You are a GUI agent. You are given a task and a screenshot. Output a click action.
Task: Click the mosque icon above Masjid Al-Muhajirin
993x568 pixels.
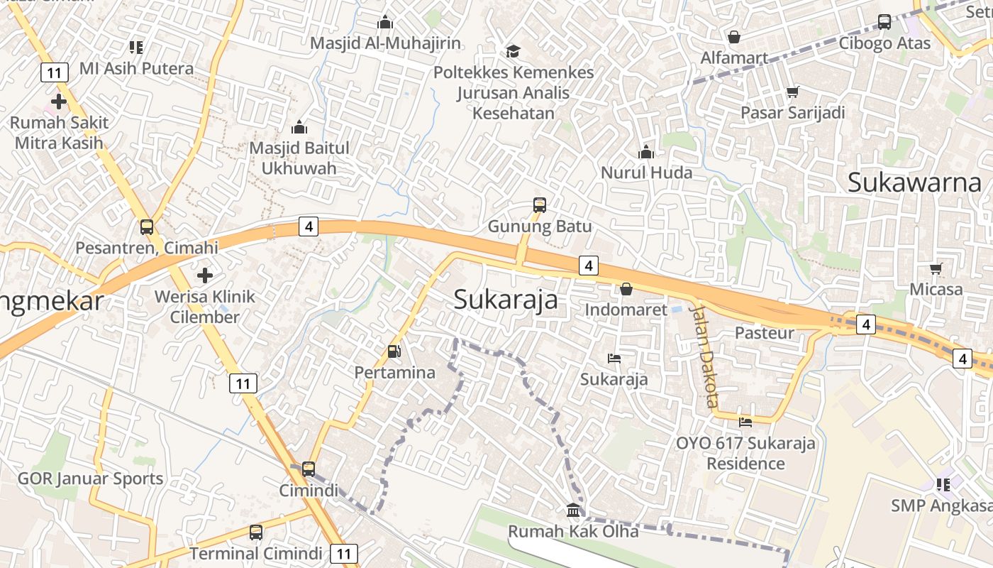385,22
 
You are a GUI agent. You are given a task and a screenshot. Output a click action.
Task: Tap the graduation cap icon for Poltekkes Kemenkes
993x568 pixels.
513,51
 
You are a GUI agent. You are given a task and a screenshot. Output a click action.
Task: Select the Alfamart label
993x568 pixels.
734,58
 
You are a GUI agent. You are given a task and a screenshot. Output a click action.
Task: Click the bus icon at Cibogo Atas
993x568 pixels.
884,22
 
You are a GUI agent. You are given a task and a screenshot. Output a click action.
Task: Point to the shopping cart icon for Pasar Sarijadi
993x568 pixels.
793,92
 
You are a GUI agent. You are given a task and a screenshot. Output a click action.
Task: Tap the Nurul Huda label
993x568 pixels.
646,173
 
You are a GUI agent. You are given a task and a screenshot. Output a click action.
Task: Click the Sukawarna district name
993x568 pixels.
914,183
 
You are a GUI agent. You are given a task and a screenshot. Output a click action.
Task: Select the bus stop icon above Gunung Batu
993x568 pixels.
540,205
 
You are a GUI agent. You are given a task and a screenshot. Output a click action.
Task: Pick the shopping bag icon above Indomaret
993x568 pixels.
626,289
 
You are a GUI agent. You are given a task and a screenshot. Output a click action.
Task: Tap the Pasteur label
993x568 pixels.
764,332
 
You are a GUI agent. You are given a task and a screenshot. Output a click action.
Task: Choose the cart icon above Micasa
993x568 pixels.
936,268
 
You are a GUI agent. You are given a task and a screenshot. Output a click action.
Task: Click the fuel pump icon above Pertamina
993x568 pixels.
394,351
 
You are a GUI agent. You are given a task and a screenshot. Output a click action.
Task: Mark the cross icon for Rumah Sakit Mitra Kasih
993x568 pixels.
59,102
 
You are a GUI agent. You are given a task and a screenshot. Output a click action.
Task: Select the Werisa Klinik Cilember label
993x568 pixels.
205,307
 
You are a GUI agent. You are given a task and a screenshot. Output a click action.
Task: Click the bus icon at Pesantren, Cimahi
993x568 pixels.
147,227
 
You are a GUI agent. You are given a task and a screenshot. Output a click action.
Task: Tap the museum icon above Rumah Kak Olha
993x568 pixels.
573,510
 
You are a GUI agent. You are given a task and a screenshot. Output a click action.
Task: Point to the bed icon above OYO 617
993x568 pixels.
745,422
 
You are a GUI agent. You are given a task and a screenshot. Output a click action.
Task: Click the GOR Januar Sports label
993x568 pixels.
90,479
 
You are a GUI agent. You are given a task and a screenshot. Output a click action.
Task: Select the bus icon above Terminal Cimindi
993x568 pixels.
256,532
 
